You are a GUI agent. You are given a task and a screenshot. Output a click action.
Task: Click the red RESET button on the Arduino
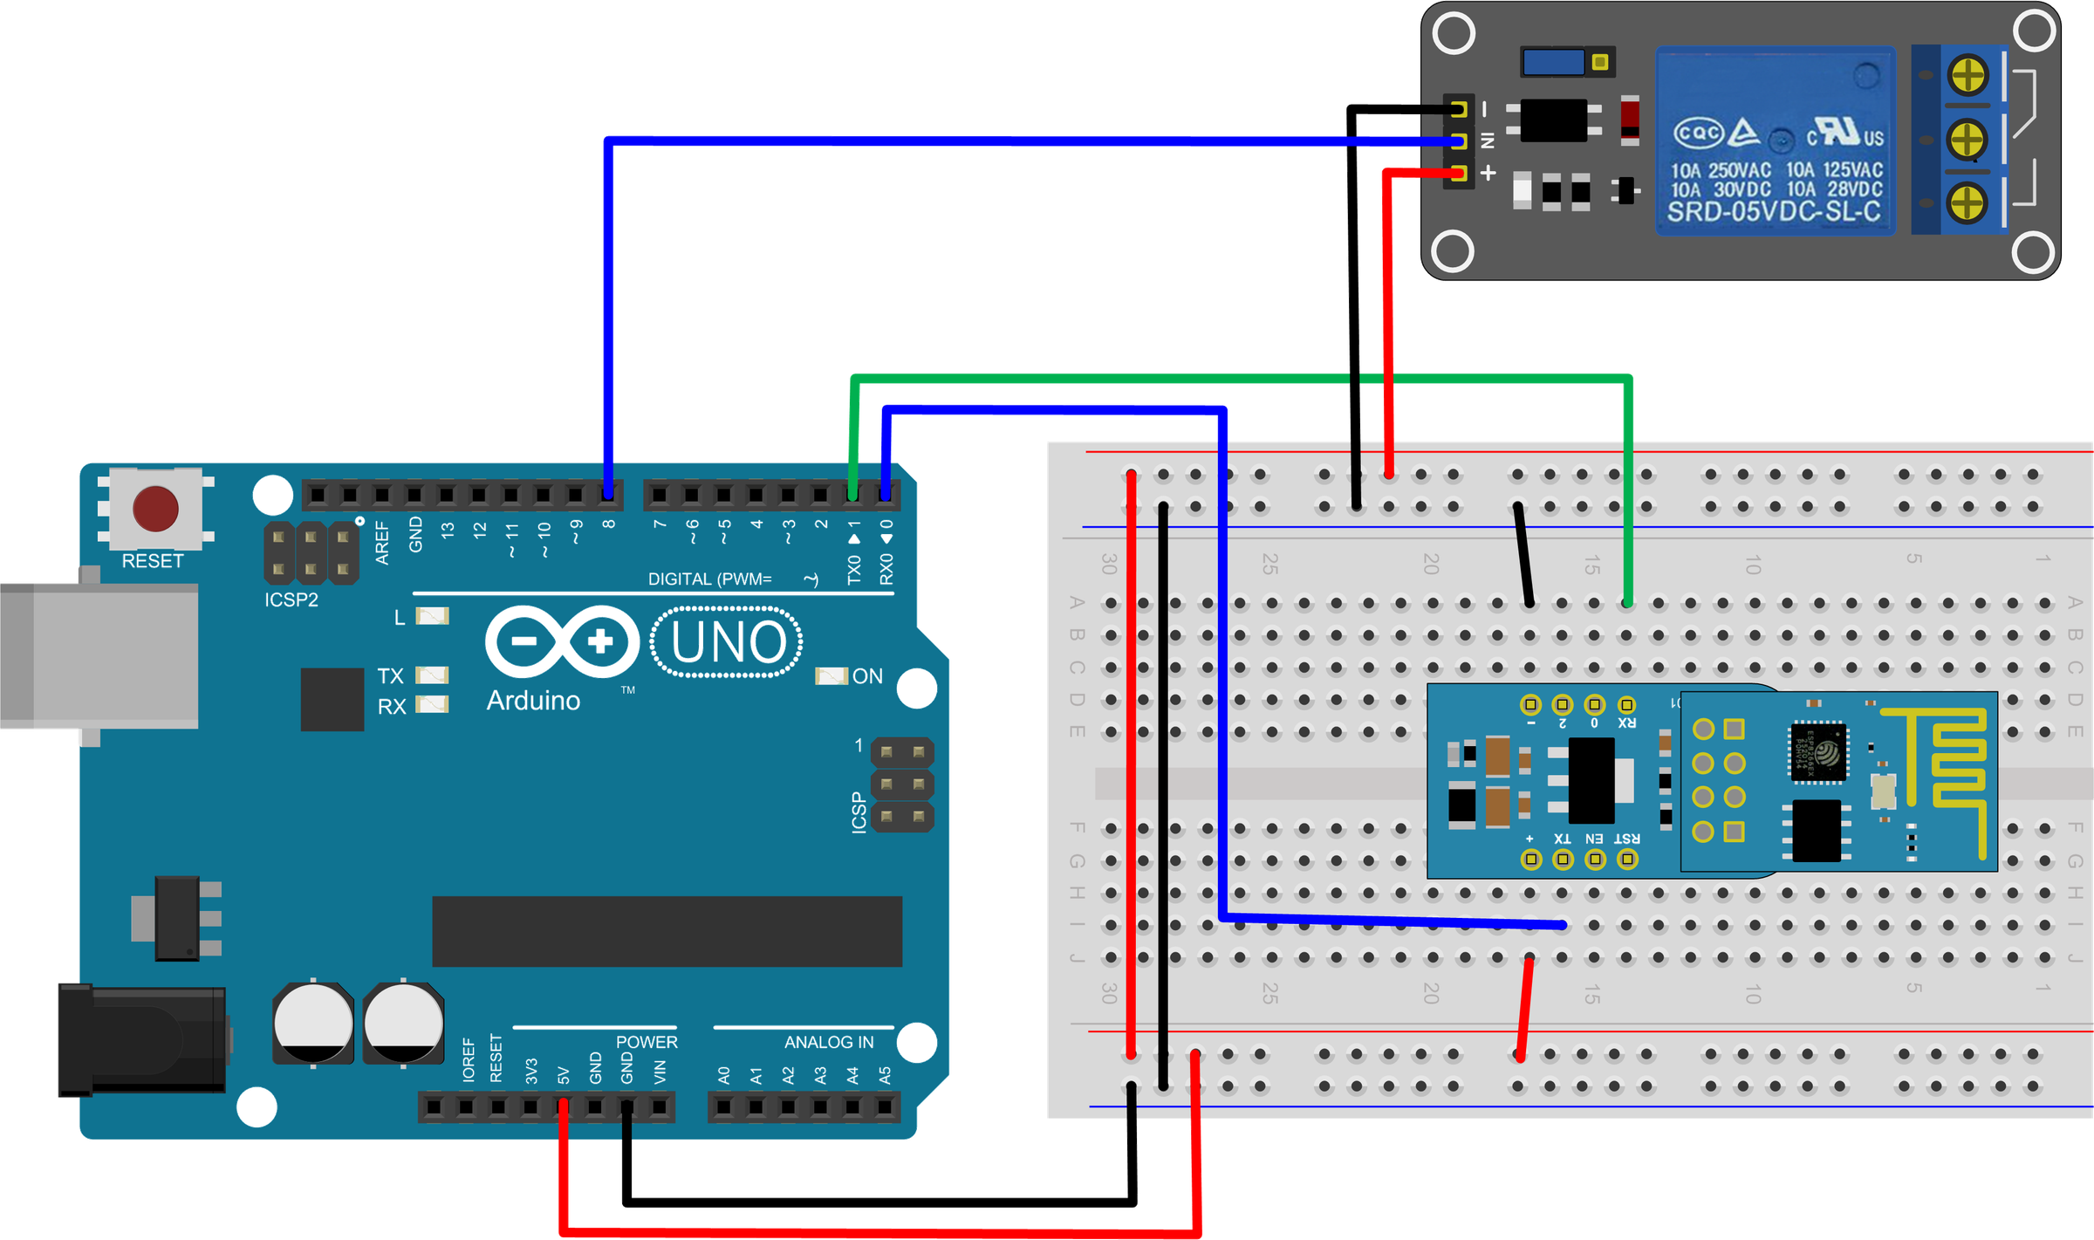coord(155,509)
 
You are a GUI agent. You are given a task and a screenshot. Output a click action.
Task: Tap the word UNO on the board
coord(729,642)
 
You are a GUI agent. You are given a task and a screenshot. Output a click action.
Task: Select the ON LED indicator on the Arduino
coord(831,676)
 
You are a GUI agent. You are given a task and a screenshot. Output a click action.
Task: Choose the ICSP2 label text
coord(291,600)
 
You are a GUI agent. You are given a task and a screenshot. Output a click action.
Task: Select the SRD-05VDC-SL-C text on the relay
coord(1774,212)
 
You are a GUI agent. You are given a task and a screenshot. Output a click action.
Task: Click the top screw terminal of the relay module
coord(1968,75)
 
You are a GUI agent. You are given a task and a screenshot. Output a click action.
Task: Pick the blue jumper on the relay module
coord(1553,62)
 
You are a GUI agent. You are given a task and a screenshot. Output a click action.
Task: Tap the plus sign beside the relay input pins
coord(1488,173)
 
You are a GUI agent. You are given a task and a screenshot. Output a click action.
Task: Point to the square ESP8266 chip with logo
coord(1818,751)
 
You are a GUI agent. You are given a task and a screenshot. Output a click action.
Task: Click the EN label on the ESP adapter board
coord(1594,839)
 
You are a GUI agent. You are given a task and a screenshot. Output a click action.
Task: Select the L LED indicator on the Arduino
coord(432,617)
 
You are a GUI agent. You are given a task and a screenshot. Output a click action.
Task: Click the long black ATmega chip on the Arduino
coord(667,931)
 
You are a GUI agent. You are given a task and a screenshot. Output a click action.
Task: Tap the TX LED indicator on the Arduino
coord(432,675)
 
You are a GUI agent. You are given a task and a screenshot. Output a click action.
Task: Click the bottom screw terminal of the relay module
coord(1968,202)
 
